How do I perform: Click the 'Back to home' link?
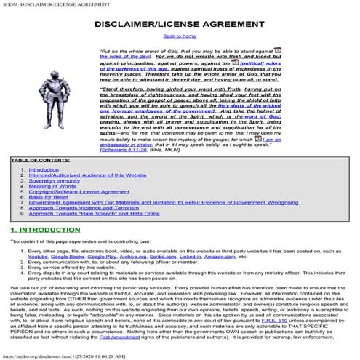click(179, 35)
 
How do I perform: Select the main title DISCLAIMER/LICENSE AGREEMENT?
click(179, 23)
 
